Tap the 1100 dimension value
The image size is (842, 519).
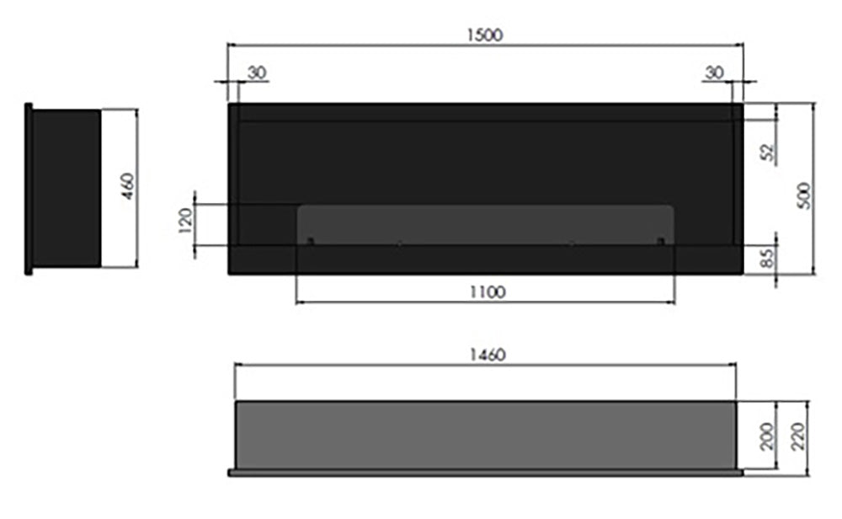pyautogui.click(x=485, y=292)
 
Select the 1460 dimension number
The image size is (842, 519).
pyautogui.click(x=485, y=355)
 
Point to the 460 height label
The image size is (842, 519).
pyautogui.click(x=127, y=185)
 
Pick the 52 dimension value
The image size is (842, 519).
pyautogui.click(x=766, y=152)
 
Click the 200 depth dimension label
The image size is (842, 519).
pyautogui.click(x=766, y=436)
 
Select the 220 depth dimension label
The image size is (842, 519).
pyautogui.click(x=799, y=436)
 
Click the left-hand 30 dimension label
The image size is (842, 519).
pyautogui.click(x=257, y=72)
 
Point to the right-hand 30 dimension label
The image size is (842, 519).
pyautogui.click(x=713, y=72)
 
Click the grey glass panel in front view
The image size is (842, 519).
pyautogui.click(x=485, y=224)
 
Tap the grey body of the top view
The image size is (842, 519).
pyautogui.click(x=485, y=434)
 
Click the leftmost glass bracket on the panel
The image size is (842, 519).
pyautogui.click(x=310, y=243)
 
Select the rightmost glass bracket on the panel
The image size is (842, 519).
pyautogui.click(x=661, y=243)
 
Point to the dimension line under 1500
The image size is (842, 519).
pyautogui.click(x=485, y=45)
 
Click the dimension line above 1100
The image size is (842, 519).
pyautogui.click(x=485, y=302)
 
